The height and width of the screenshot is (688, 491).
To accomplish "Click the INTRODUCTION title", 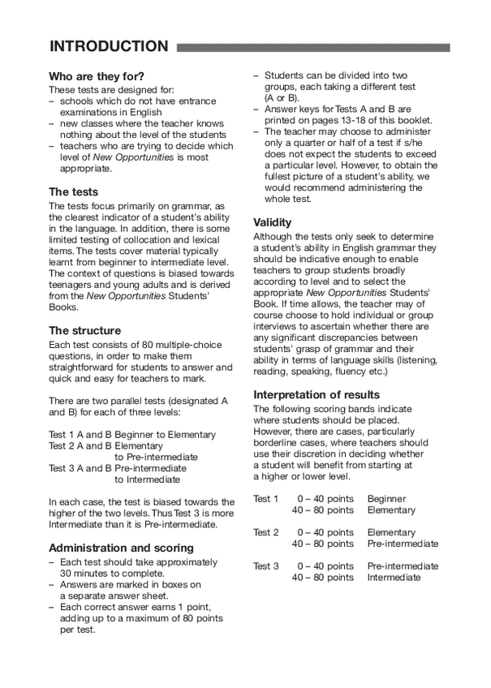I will point(109,46).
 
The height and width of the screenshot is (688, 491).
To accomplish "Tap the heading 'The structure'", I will point(84,331).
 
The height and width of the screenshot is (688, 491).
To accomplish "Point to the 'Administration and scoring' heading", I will point(121,548).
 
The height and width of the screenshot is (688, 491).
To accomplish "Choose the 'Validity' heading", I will point(273,221).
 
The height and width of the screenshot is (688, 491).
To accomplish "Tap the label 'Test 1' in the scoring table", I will point(266,499).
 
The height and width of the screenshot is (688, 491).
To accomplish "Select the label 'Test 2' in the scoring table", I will point(266,532).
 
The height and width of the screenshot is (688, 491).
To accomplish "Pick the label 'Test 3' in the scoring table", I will point(266,566).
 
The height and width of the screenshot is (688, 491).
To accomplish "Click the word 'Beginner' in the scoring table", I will point(387,499).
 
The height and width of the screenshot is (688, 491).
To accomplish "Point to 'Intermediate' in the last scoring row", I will point(394,578).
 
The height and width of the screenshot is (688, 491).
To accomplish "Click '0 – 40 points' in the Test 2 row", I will point(325,532).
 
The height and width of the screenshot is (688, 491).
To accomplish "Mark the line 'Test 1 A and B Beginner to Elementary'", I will point(132,435).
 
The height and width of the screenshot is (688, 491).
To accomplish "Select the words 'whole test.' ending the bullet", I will point(288,199).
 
